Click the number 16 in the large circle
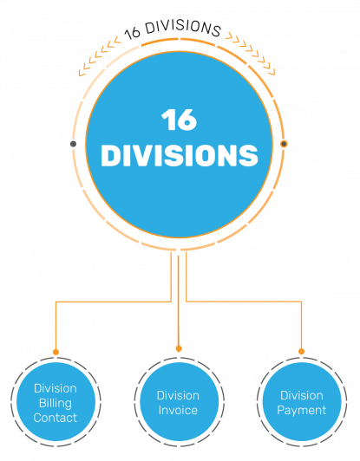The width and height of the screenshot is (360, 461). click(x=179, y=120)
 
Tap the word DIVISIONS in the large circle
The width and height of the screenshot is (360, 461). click(x=179, y=156)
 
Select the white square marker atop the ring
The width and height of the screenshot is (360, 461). click(x=179, y=39)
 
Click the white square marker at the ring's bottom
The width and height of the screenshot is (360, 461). click(x=179, y=250)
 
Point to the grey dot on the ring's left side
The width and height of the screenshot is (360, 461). click(x=73, y=144)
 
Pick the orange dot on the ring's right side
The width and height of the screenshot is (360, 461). click(x=284, y=144)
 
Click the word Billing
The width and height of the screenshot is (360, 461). click(x=55, y=403)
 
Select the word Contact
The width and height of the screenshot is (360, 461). click(x=55, y=418)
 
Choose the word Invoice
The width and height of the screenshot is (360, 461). click(x=178, y=410)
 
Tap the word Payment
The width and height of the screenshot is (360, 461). click(x=301, y=410)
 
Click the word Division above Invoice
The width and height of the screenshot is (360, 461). click(x=178, y=395)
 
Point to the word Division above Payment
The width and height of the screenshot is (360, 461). click(x=301, y=395)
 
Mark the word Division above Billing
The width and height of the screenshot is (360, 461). click(x=55, y=388)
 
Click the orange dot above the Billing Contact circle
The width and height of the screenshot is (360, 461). click(x=56, y=352)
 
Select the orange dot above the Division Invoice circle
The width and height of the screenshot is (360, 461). click(x=179, y=349)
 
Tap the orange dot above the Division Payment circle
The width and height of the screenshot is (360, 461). click(x=302, y=352)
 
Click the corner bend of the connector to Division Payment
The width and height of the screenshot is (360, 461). click(x=302, y=302)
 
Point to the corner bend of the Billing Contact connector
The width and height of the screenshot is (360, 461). click(x=56, y=302)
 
